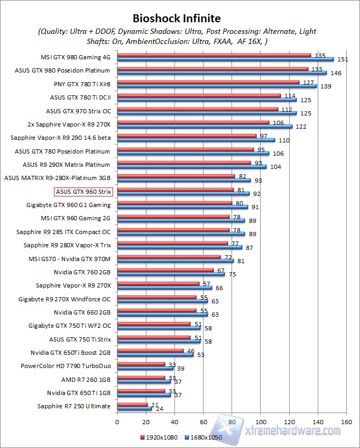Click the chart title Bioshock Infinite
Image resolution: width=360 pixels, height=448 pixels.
point(177,20)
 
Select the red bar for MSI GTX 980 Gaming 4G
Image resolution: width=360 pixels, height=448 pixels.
point(214,55)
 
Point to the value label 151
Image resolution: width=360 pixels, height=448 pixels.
point(341,59)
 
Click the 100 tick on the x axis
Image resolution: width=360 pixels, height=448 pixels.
point(260,422)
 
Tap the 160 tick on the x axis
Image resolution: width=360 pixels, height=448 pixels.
point(346,422)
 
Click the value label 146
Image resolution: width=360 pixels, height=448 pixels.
point(336,73)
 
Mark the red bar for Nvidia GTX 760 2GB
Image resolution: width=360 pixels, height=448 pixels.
point(165,270)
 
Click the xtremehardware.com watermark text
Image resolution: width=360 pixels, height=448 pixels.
point(293,431)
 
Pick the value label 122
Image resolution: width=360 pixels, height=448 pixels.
point(301,127)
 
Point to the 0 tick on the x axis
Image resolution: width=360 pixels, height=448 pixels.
point(117,422)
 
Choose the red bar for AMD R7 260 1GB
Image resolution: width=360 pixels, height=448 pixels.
point(141,377)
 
